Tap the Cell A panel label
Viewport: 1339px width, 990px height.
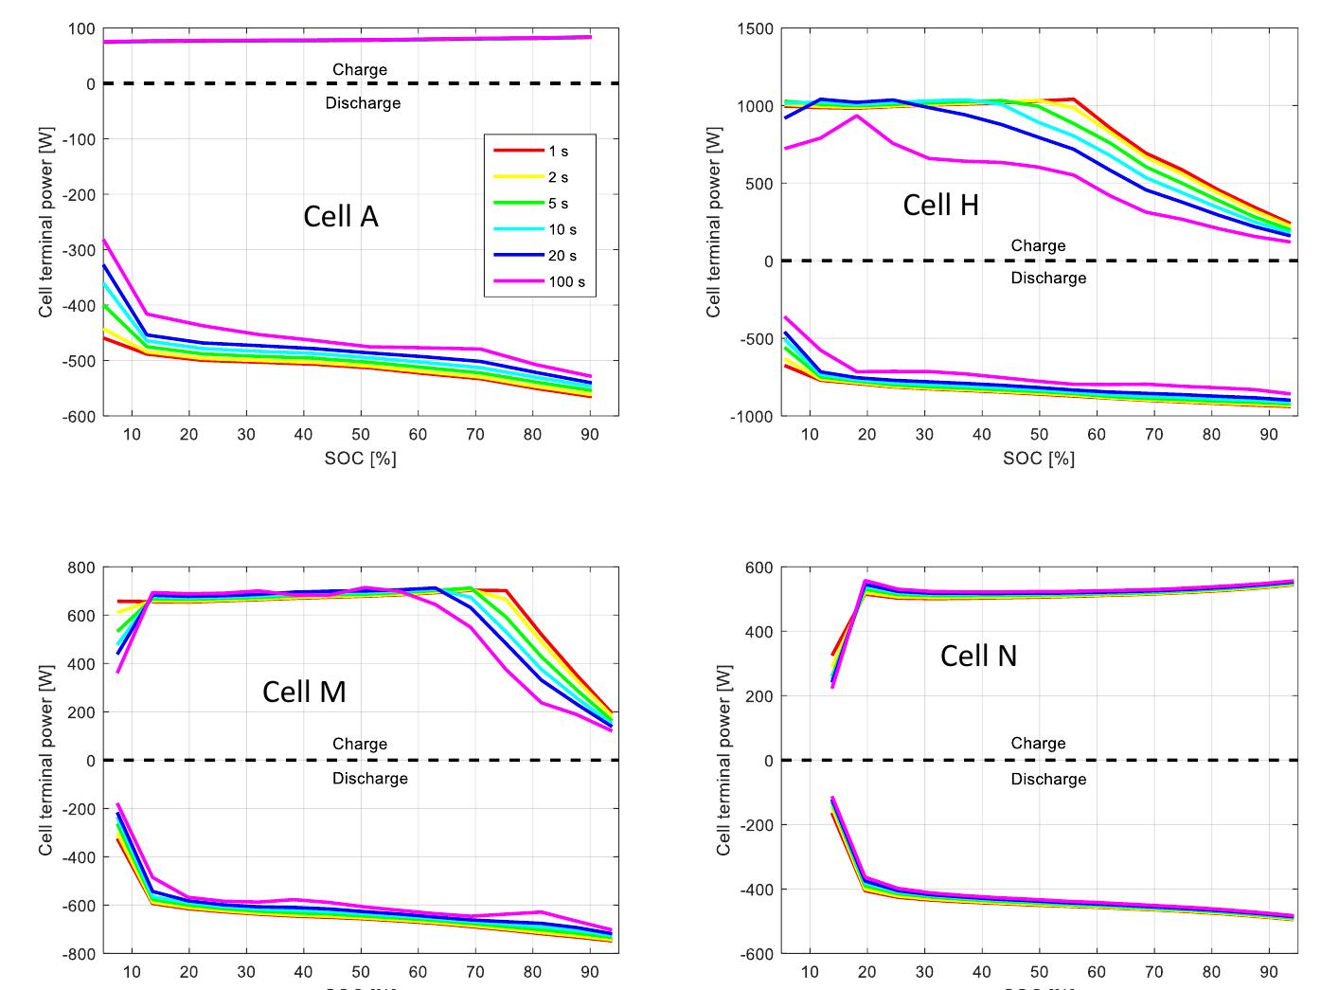[340, 217]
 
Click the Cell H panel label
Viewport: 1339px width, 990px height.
[940, 205]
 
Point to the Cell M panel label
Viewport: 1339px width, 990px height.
[304, 692]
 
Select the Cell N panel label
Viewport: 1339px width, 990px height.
[978, 656]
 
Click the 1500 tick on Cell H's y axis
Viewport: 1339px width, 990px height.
[755, 29]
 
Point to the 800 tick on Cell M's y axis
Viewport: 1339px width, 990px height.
[81, 567]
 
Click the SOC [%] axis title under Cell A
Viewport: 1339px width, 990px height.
[360, 459]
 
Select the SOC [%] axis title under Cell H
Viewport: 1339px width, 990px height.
[1039, 459]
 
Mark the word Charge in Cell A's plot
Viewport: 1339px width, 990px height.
[360, 69]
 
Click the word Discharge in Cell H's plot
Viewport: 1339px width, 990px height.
[1048, 278]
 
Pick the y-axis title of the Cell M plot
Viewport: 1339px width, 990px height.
[45, 758]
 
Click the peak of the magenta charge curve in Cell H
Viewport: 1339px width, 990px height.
[856, 116]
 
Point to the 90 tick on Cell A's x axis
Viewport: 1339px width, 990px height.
[589, 435]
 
